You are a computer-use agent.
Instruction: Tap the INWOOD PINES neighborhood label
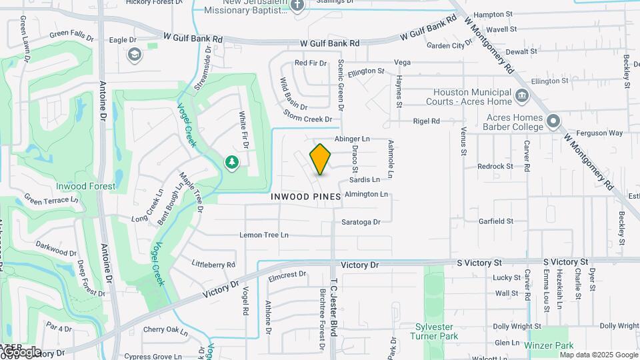pyautogui.click(x=306, y=197)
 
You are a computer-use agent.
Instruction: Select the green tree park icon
pyautogui.click(x=231, y=162)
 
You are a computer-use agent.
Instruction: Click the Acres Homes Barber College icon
pyautogui.click(x=553, y=121)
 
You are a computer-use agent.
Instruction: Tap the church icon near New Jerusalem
pyautogui.click(x=297, y=5)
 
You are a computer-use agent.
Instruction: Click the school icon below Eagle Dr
pyautogui.click(x=135, y=54)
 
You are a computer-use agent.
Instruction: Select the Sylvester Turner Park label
pyautogui.click(x=437, y=332)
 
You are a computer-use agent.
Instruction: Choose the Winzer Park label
pyautogui.click(x=549, y=346)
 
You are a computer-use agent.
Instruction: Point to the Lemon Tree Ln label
pyautogui.click(x=264, y=235)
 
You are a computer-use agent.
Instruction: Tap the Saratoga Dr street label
pyautogui.click(x=361, y=222)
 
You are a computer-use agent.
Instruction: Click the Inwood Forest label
pyautogui.click(x=85, y=187)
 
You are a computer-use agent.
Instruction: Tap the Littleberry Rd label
pyautogui.click(x=213, y=265)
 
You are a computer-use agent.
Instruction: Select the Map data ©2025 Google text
pyautogui.click(x=599, y=355)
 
